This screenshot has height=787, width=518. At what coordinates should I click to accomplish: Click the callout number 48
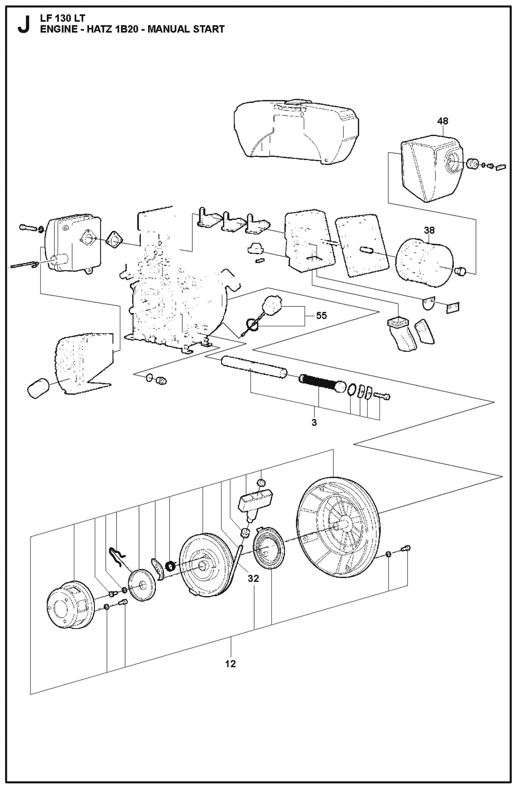pyautogui.click(x=443, y=121)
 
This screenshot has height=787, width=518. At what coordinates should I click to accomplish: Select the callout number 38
pyautogui.click(x=429, y=230)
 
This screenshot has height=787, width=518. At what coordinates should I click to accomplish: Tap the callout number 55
pyautogui.click(x=321, y=316)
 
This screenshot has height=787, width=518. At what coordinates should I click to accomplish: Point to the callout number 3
pyautogui.click(x=314, y=423)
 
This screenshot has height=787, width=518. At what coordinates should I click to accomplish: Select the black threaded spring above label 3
pyautogui.click(x=317, y=382)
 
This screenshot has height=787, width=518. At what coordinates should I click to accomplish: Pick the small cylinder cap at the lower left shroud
pyautogui.click(x=38, y=388)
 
